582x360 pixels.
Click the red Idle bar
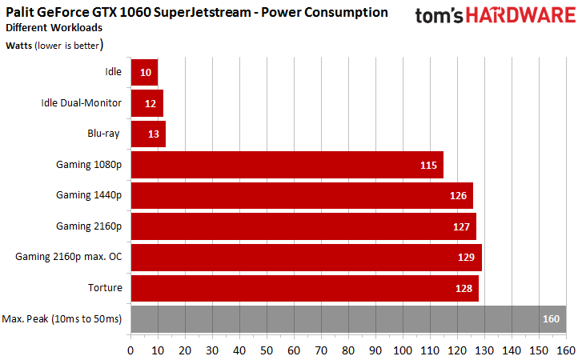tap(144, 72)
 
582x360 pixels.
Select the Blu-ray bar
tap(148, 134)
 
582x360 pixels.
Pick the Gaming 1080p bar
tap(287, 165)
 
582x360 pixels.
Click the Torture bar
tap(304, 288)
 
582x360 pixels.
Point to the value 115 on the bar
tap(428, 165)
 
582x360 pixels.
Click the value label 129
tap(466, 258)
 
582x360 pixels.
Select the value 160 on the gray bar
tap(551, 318)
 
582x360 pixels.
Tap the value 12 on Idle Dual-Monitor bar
tap(151, 103)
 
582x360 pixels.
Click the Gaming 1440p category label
tap(89, 195)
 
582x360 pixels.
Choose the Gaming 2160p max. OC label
tap(69, 257)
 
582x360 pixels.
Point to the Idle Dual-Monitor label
tap(81, 102)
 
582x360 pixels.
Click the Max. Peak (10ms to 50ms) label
tap(62, 318)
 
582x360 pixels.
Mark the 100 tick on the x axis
tap(403, 350)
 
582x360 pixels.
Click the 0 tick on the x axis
tap(130, 350)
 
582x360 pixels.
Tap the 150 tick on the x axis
tap(539, 350)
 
